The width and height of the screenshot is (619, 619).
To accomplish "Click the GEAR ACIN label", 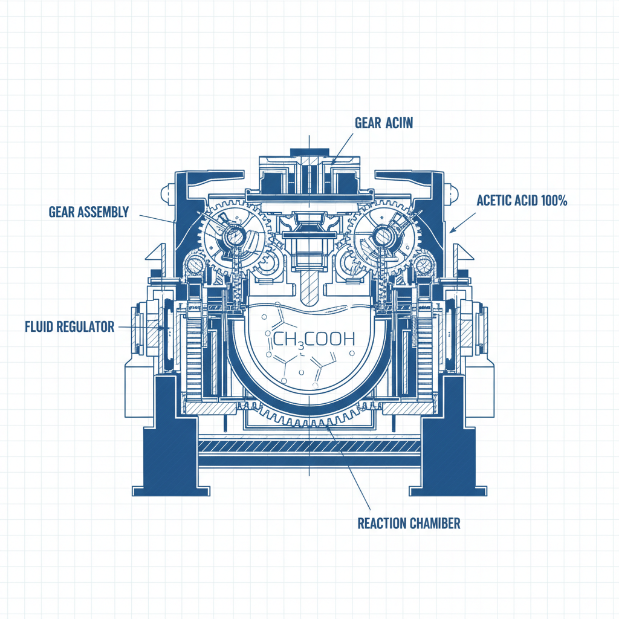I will click(x=383, y=123).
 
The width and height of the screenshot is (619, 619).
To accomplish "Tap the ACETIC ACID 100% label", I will click(x=522, y=201).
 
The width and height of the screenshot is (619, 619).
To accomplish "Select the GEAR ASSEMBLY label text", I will click(x=89, y=212).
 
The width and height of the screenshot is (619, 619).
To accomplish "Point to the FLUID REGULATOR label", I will click(x=70, y=327).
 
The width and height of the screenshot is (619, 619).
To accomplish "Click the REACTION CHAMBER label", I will click(x=409, y=522).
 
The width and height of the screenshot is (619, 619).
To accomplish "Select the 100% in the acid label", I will click(x=554, y=201).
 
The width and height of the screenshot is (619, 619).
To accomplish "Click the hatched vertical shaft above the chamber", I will click(x=309, y=287).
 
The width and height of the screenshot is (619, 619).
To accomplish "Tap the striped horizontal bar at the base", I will click(x=309, y=447).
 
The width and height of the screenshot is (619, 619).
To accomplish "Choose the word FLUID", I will click(x=40, y=327).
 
